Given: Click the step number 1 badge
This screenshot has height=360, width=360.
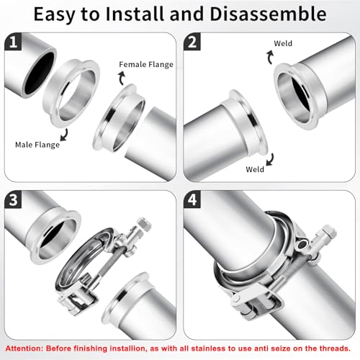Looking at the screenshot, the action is pyautogui.click(x=13, y=42).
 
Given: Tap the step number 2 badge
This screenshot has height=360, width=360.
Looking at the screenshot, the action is pyautogui.click(x=192, y=42).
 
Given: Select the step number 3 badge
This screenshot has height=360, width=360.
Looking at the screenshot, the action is pyautogui.click(x=13, y=199).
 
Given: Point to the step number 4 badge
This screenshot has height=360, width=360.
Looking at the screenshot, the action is pyautogui.click(x=192, y=199).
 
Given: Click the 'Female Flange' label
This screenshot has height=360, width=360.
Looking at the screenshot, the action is pyautogui.click(x=146, y=65).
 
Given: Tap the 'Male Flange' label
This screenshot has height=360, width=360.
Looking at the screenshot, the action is pyautogui.click(x=37, y=145).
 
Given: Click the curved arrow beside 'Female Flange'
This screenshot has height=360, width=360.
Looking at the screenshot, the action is pyautogui.click(x=122, y=78).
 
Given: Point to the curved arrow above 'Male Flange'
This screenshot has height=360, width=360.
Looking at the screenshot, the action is pyautogui.click(x=65, y=135).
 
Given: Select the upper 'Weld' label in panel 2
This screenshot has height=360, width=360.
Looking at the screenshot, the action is pyautogui.click(x=283, y=43).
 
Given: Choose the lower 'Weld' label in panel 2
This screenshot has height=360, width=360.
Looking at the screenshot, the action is pyautogui.click(x=255, y=169).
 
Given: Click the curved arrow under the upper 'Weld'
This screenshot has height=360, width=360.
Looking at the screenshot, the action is pyautogui.click(x=270, y=57).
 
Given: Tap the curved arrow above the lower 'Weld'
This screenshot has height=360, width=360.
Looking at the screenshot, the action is pyautogui.click(x=271, y=159).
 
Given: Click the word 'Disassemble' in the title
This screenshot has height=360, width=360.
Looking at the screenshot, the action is pyautogui.click(x=268, y=14).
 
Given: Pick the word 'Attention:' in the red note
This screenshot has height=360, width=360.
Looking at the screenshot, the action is pyautogui.click(x=24, y=348).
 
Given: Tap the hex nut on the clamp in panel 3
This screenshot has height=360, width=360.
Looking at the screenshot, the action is pyautogui.click(x=144, y=225).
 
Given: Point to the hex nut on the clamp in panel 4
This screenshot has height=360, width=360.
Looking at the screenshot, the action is pyautogui.click(x=329, y=232).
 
